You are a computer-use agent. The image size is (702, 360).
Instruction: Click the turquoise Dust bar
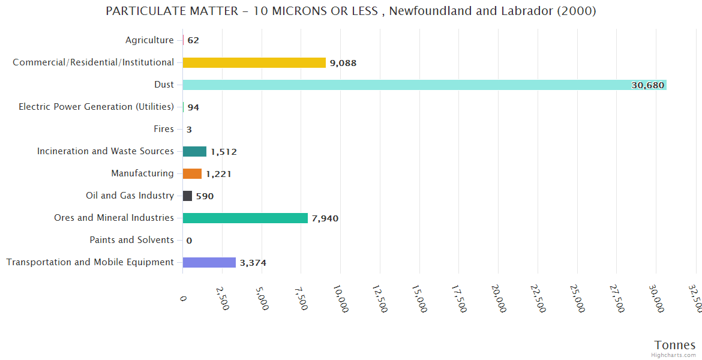tap(420, 85)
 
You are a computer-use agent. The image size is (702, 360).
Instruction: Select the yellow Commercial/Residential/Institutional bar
tap(254, 62)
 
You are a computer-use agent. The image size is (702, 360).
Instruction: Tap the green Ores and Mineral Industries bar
tap(245, 218)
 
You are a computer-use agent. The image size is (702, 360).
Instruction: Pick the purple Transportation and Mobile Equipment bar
tap(209, 262)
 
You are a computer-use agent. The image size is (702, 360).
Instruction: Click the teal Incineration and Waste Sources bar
tap(194, 151)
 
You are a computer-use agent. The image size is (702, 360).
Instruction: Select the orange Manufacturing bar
tap(192, 173)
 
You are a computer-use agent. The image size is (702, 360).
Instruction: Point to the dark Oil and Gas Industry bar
tap(187, 196)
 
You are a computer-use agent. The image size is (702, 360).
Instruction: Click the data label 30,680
tap(647, 85)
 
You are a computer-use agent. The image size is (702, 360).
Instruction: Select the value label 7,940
tap(325, 218)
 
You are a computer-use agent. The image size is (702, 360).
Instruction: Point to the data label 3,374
tap(253, 263)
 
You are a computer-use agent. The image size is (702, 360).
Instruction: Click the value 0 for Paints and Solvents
tap(189, 241)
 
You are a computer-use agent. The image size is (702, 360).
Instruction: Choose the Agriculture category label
tap(149, 40)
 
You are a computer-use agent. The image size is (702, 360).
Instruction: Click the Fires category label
tap(164, 129)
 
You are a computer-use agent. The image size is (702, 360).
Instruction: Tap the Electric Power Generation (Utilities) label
tap(96, 107)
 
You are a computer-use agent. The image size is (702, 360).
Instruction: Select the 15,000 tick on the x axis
tap(419, 298)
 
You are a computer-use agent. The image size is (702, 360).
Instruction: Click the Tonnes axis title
tap(674, 345)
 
